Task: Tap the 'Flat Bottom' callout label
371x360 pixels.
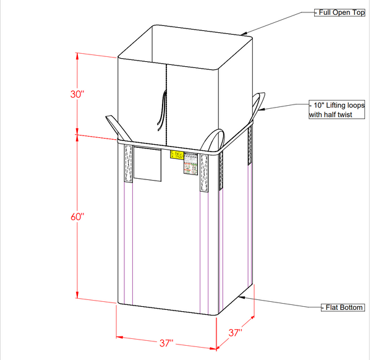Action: (x=343, y=307)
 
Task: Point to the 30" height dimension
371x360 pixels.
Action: (x=77, y=94)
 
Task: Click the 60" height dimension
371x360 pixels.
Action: (x=77, y=216)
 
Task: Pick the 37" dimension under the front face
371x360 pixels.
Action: (x=166, y=342)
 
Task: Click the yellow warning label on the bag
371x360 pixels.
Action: (x=176, y=155)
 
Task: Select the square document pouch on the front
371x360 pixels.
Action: (x=148, y=165)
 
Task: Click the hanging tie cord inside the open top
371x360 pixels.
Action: (x=162, y=109)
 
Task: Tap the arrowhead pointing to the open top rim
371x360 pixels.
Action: (x=246, y=33)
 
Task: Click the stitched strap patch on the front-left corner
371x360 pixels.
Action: (x=129, y=164)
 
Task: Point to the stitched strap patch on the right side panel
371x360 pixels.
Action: (x=250, y=145)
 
